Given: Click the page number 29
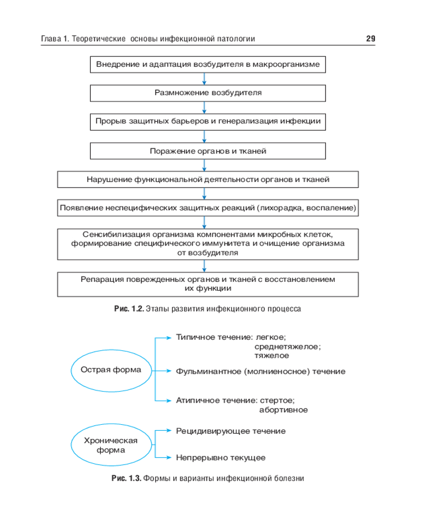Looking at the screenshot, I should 370,39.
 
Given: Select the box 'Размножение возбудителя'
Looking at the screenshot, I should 208,93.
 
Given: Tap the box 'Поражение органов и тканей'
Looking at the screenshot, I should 208,151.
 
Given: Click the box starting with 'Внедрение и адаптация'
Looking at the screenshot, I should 208,65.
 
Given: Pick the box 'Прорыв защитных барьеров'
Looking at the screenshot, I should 208,122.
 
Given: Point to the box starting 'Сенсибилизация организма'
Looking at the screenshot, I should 208,243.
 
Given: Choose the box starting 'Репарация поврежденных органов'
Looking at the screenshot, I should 208,284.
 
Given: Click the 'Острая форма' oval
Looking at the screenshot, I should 111,370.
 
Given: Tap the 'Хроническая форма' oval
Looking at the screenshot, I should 111,445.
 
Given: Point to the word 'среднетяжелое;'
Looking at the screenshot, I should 287,346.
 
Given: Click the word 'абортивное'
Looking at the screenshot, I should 283,409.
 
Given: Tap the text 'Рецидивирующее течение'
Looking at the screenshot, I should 231,431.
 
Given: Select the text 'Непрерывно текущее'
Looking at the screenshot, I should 220,457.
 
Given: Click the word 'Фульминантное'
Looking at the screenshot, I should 208,372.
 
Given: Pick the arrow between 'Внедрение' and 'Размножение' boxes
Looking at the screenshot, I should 204,79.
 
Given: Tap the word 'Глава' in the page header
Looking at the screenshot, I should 51,39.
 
